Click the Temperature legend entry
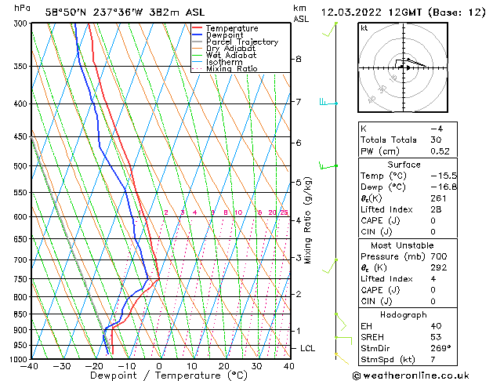231,28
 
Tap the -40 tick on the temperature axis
31,366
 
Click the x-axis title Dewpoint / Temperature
160,376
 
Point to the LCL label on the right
308,348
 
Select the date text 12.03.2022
351,11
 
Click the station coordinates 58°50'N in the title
66,11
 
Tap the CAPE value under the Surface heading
433,220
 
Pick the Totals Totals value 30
435,140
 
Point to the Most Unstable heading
403,245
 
